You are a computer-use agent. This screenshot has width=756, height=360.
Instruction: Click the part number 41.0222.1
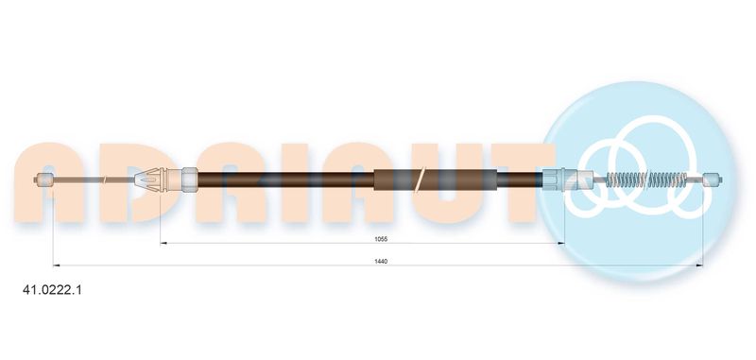click(x=53, y=290)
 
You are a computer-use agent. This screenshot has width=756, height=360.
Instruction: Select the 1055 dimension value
click(x=382, y=239)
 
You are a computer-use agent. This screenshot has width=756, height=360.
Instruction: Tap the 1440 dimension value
click(x=382, y=261)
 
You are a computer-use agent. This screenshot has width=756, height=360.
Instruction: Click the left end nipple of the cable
click(x=44, y=180)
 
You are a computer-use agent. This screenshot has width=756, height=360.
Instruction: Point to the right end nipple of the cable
click(x=713, y=180)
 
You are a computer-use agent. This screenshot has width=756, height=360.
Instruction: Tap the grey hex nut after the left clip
click(x=190, y=180)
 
